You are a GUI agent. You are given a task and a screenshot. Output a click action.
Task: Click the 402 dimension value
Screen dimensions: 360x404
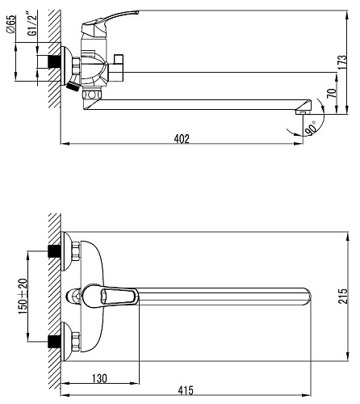[182, 139]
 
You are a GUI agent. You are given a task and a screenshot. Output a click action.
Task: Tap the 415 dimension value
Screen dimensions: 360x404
[186, 390]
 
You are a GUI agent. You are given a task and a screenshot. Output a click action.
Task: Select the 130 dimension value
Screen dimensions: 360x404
[99, 378]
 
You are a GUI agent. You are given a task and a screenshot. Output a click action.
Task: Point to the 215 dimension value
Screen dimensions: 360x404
[343, 297]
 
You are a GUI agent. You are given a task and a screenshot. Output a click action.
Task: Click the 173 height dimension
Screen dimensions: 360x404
[342, 62]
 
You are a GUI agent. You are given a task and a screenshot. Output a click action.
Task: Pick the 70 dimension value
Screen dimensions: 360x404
[333, 93]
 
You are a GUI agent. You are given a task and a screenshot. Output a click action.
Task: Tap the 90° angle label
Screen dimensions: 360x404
[311, 128]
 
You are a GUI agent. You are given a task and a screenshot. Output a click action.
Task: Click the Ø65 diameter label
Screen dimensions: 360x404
[11, 24]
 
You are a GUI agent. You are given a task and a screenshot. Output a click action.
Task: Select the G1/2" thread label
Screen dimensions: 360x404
[32, 23]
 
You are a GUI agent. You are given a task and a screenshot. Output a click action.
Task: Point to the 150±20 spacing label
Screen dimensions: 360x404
[23, 297]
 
